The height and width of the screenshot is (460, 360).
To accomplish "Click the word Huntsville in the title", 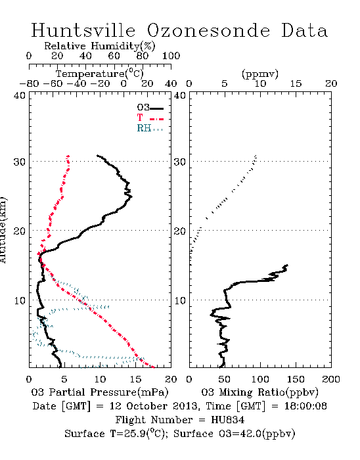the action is point(83,30).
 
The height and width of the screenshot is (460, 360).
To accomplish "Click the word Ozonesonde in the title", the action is point(208,30).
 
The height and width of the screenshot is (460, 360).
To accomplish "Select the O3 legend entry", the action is point(150,108).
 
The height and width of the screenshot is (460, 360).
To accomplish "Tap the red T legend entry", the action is point(150,118).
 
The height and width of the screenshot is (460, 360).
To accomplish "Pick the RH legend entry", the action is point(150,128).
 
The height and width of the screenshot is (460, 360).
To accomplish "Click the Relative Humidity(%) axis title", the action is point(100,46).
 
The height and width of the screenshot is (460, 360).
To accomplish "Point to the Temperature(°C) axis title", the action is point(100,74).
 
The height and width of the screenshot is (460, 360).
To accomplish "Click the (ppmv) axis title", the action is point(260,74).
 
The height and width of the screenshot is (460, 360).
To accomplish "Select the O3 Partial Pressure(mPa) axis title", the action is point(100,392).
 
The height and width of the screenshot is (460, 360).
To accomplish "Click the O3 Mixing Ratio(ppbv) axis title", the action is point(259,392).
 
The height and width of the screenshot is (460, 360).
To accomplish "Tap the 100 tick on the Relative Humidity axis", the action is point(171,56).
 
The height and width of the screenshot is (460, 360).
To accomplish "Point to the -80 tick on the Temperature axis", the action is point(29,84).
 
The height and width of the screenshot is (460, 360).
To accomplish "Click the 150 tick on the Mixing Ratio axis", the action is point(296,379).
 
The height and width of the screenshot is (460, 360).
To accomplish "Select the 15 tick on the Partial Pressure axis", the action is point(135,379).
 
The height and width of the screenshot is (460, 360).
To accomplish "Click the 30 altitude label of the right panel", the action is point(180,162).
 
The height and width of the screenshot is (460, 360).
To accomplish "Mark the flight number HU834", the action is point(227,420).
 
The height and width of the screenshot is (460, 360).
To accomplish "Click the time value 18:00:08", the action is point(305,406).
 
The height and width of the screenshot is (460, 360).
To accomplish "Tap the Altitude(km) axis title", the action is point(3,230).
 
